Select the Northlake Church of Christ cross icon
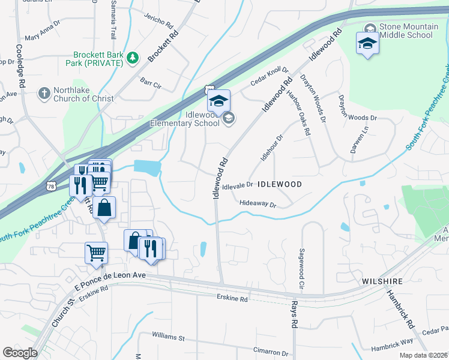click(x=43, y=93)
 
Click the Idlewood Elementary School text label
click(x=185, y=119)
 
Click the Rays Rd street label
click(x=295, y=315)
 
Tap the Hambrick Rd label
click(x=401, y=308)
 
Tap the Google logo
click(x=20, y=353)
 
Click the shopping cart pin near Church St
click(x=96, y=253)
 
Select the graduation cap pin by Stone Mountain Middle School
click(x=367, y=43)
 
